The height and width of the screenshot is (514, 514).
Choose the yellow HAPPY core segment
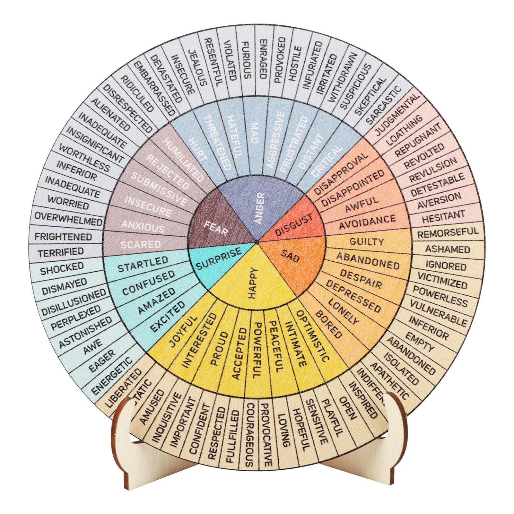pos(254,283)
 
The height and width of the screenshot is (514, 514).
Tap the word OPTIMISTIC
pos(313,335)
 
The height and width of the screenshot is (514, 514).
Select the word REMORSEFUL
pos(448,233)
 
